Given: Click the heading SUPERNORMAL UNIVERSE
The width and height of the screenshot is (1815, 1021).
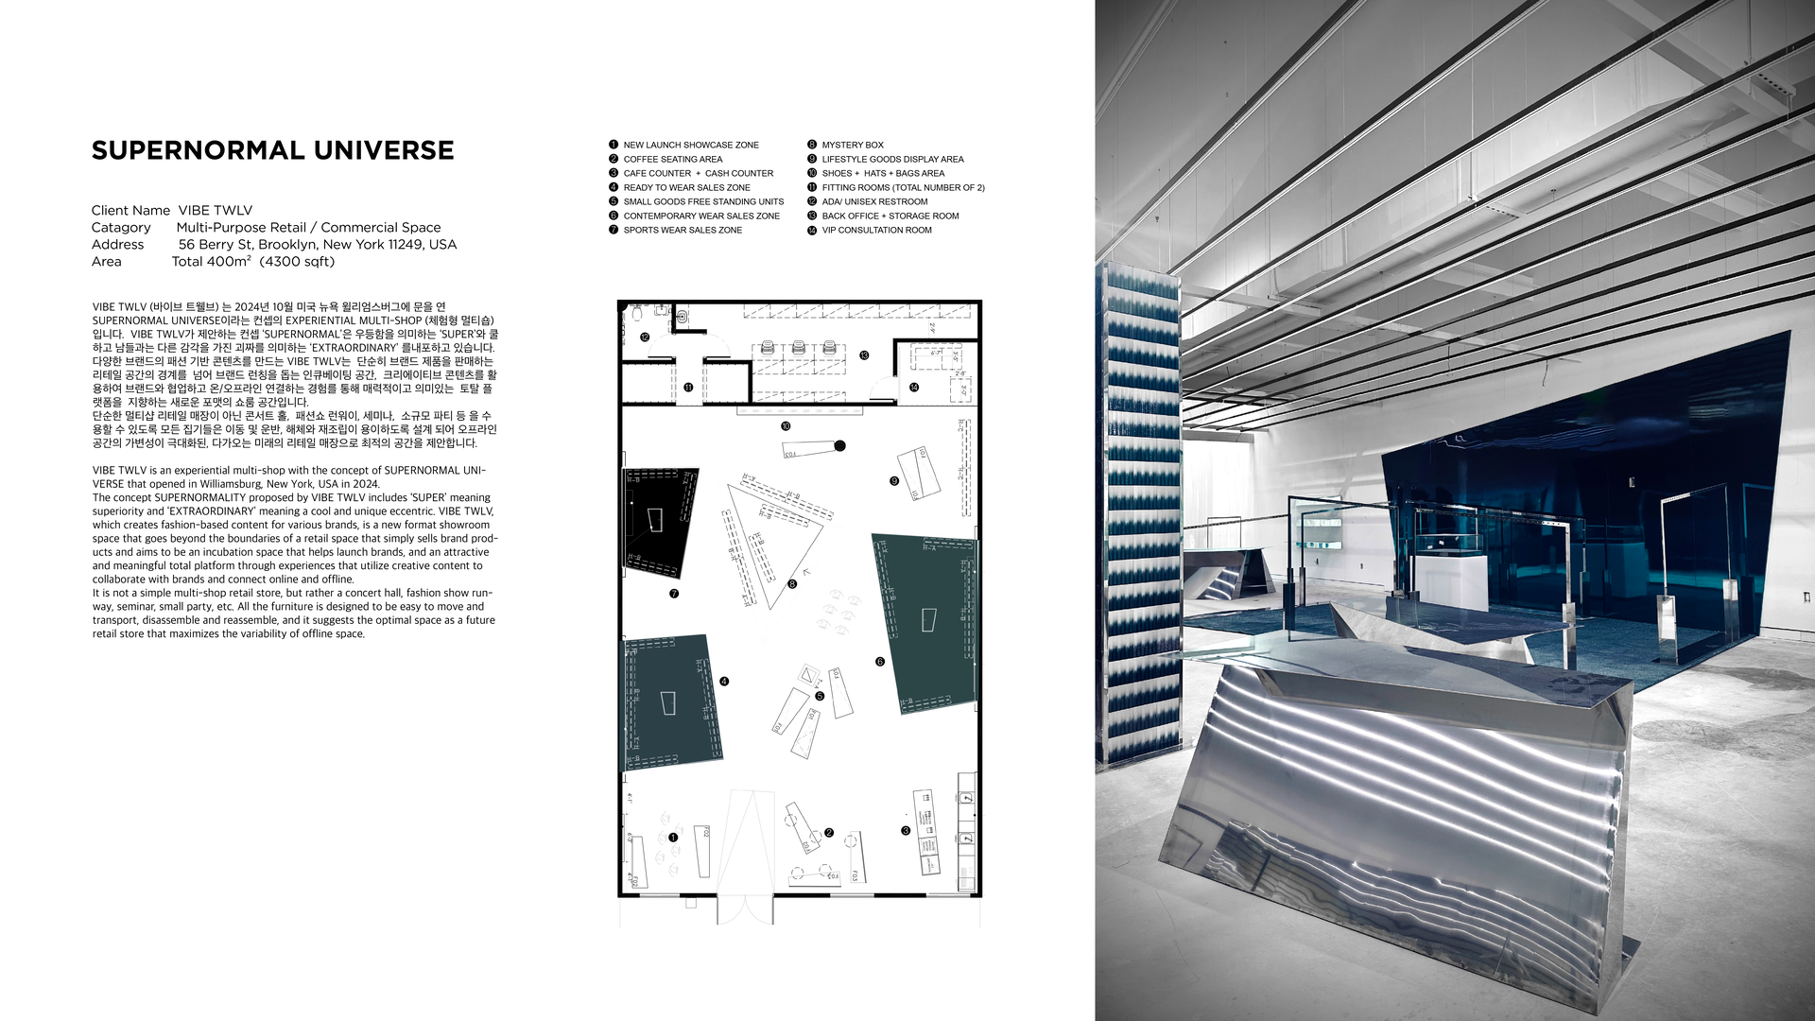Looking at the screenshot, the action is click(x=272, y=150).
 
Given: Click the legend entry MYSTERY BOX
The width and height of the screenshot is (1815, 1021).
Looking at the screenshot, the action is click(x=852, y=145).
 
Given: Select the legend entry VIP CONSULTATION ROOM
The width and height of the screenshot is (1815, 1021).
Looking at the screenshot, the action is click(x=876, y=230).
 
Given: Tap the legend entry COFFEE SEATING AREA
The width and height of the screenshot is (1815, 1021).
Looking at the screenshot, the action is click(x=672, y=159).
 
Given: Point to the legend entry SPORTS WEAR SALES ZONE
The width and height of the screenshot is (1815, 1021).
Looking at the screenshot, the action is click(x=683, y=230).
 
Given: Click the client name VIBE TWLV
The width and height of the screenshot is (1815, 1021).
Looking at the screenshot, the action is click(x=216, y=210).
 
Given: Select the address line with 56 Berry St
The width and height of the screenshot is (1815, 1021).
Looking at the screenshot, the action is click(x=318, y=244).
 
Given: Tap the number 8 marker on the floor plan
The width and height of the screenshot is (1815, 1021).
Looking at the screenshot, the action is click(x=792, y=584).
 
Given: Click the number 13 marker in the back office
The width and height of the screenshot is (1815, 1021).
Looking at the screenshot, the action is click(x=864, y=355).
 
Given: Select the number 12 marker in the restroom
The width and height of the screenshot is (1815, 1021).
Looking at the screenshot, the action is click(x=645, y=337).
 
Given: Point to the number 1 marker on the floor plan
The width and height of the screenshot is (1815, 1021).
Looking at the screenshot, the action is click(x=673, y=838).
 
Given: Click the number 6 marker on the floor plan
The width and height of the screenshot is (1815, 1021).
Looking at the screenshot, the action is click(x=879, y=662).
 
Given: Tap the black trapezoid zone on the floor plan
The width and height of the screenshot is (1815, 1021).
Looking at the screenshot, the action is click(x=660, y=520).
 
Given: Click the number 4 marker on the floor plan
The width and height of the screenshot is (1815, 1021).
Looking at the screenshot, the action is click(x=724, y=681).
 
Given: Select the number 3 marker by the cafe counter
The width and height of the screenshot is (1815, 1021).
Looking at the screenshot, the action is click(x=906, y=831).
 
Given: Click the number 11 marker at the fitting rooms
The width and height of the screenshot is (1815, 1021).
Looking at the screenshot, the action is click(x=688, y=387).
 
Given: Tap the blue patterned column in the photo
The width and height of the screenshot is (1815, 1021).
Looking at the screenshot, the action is click(x=1138, y=510).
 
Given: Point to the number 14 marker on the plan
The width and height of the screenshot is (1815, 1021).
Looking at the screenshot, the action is click(x=914, y=387).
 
